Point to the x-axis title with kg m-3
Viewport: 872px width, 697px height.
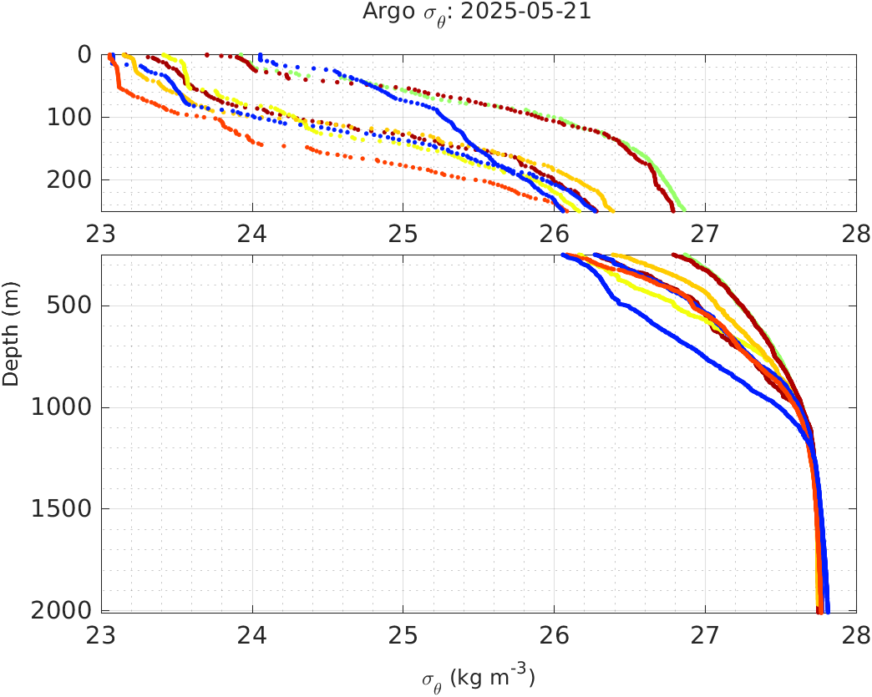[x=479, y=678]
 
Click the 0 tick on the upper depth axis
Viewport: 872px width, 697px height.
[x=84, y=54]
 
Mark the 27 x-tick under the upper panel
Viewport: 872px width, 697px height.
[x=705, y=232]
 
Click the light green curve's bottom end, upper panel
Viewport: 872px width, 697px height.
[x=685, y=209]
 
